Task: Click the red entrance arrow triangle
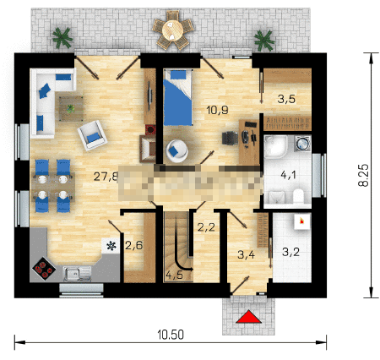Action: coord(248,317)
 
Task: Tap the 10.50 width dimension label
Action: coord(171,335)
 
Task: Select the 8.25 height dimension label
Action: coord(363,175)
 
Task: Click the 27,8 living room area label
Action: coord(106,177)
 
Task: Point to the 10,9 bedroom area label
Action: coord(217,110)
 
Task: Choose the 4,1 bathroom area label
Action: coord(288,175)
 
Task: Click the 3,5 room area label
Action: coord(286,99)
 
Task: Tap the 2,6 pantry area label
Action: coord(134,246)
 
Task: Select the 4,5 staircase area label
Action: coord(175,275)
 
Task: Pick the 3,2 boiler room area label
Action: coord(290,252)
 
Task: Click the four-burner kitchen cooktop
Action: coord(43,269)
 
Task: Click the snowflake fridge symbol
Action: coord(111,246)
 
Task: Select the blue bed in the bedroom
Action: coord(177,97)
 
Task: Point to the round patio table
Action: coord(173,30)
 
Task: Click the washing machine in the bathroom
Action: coord(302,144)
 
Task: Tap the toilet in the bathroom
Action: coord(298,196)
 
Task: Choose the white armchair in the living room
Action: coord(92,135)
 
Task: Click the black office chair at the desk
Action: coord(230,139)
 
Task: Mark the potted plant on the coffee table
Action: coord(71,108)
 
